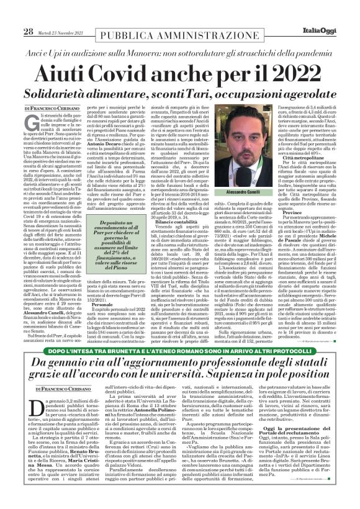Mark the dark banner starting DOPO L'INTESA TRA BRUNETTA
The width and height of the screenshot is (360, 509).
point(179,351)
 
